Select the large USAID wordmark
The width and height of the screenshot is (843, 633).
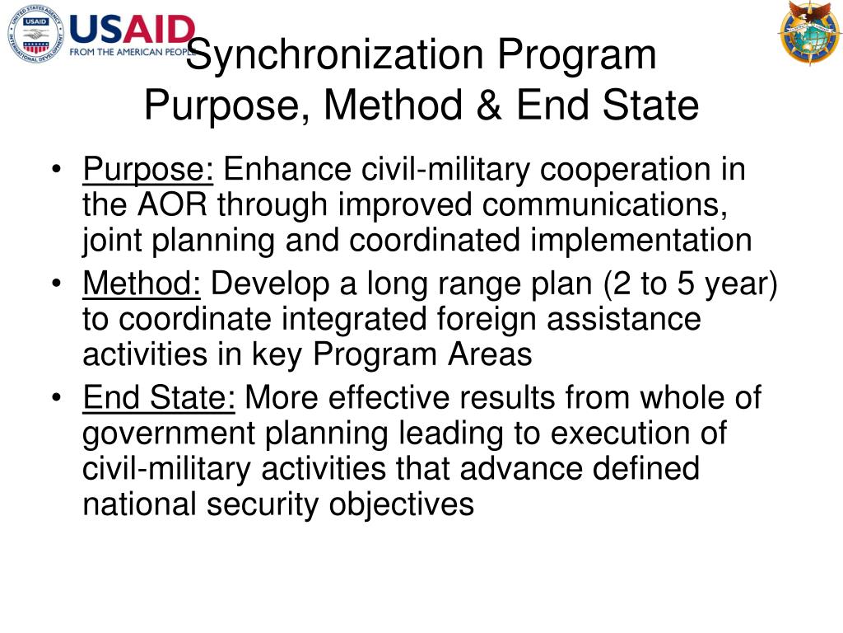point(132,30)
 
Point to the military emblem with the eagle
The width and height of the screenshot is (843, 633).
point(808,33)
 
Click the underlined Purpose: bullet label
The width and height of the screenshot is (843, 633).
point(148,171)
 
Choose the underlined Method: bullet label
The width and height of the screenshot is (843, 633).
point(142,285)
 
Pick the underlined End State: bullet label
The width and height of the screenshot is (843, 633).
point(159,399)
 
